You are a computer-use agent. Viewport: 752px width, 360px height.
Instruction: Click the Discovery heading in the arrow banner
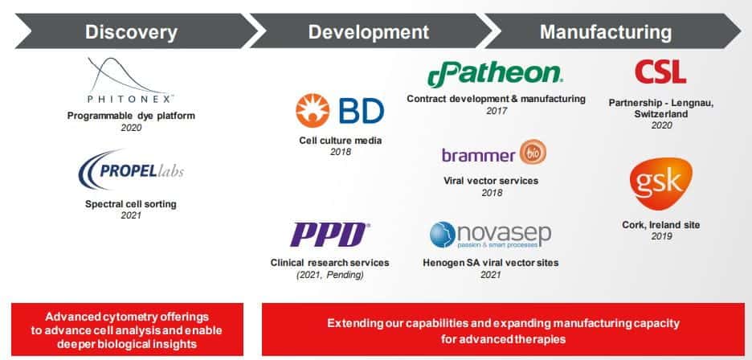pyautogui.click(x=132, y=32)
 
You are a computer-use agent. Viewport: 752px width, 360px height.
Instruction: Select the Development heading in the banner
pyautogui.click(x=368, y=32)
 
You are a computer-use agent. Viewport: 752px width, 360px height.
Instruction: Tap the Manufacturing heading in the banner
pyautogui.click(x=606, y=32)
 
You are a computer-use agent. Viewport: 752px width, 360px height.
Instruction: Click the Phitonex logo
pyautogui.click(x=129, y=80)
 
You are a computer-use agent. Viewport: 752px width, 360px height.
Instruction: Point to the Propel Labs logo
pyautogui.click(x=131, y=170)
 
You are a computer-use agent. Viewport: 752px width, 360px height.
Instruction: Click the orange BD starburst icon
pyautogui.click(x=313, y=111)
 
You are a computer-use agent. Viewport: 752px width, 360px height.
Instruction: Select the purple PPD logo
pyautogui.click(x=330, y=235)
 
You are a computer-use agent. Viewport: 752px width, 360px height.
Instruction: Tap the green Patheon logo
pyautogui.click(x=495, y=75)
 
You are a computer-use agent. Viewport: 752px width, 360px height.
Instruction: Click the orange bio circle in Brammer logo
pyautogui.click(x=533, y=152)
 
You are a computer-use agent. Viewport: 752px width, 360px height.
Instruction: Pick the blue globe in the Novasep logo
pyautogui.click(x=442, y=235)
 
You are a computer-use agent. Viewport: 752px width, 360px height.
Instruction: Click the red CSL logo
pyautogui.click(x=660, y=72)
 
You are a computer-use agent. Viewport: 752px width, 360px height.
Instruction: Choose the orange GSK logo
pyautogui.click(x=661, y=184)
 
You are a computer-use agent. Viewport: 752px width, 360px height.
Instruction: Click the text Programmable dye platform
pyautogui.click(x=131, y=116)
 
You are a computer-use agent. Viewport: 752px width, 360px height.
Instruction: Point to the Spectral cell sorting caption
pyautogui.click(x=131, y=204)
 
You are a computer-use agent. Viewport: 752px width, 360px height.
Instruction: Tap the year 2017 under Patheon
pyautogui.click(x=497, y=111)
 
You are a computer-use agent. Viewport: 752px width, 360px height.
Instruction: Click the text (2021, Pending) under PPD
pyautogui.click(x=330, y=275)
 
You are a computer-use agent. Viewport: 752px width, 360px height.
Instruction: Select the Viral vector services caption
pyautogui.click(x=491, y=181)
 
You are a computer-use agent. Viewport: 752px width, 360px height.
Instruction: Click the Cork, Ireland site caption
pyautogui.click(x=661, y=225)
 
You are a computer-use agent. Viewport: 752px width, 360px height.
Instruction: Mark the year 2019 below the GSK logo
pyautogui.click(x=661, y=236)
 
